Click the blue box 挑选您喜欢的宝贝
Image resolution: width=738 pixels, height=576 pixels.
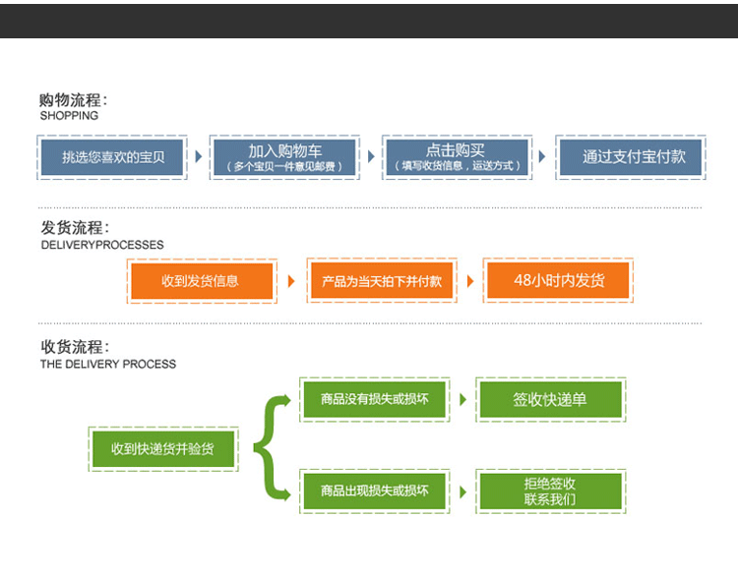pos(112,156)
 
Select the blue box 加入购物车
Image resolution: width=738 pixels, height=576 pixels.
pos(284,156)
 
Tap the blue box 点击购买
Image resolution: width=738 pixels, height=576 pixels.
pos(457,156)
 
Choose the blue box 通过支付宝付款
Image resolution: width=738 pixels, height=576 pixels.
pos(628,156)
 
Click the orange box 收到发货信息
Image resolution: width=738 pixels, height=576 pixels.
pos(201,281)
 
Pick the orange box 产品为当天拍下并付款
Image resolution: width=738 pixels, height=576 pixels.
pos(382,281)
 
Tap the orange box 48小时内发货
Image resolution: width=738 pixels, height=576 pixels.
pos(559,281)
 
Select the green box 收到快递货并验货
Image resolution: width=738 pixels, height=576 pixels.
pos(162,449)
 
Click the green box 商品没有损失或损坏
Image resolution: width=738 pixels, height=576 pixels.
pos(375,400)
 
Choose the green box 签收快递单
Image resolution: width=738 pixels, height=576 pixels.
pos(550,400)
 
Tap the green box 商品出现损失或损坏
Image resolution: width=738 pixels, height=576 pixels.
pos(375,491)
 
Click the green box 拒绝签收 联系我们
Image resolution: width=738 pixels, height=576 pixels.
pos(550,491)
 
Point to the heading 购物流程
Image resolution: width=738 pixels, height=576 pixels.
pos(73,99)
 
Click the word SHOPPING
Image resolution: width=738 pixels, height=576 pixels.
pos(69,116)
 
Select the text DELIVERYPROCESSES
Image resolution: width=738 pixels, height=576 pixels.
pos(101,245)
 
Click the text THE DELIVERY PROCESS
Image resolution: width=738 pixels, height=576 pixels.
pos(108,364)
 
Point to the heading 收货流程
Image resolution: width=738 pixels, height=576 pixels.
pos(73,347)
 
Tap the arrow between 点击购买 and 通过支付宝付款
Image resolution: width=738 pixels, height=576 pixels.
pos(541,156)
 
